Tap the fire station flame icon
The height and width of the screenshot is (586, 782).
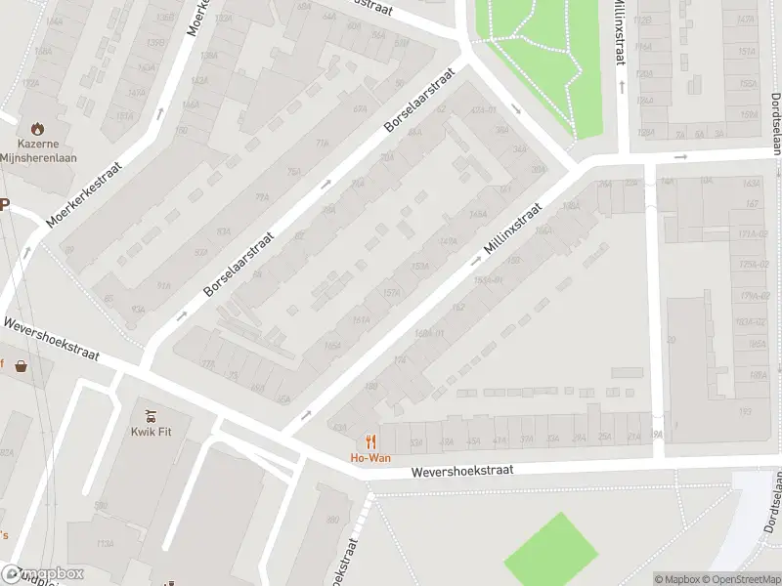pos(37,128)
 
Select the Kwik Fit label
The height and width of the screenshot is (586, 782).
pos(151,431)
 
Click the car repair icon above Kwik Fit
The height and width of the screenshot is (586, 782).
pos(151,414)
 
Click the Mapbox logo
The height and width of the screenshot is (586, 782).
pos(43,574)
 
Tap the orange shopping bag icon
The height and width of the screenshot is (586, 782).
pos(20,367)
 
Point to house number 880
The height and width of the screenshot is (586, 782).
pos(332,520)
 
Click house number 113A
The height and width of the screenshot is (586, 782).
pos(106,544)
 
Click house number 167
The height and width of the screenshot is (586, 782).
pos(752,204)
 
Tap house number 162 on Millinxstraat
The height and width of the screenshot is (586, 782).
pos(457,307)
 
